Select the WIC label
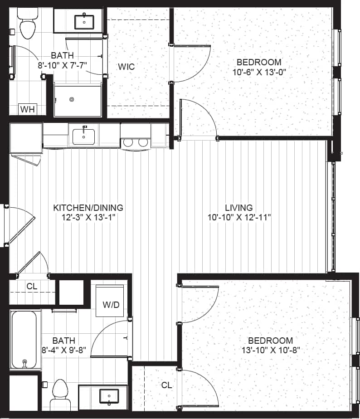[x=126, y=67]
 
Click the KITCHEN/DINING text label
[x=88, y=208]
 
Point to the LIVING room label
[x=239, y=208]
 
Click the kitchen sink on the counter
[x=84, y=135]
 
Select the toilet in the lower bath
[x=59, y=390]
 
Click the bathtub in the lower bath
[x=24, y=339]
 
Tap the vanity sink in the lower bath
[x=109, y=395]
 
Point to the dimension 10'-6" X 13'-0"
[x=260, y=72]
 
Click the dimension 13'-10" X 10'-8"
[x=270, y=350]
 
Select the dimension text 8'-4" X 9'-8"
[x=63, y=350]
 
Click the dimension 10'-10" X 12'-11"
[x=239, y=217]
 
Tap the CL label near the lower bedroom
[x=167, y=385]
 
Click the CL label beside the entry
[x=32, y=286]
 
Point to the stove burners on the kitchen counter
[x=136, y=142]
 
